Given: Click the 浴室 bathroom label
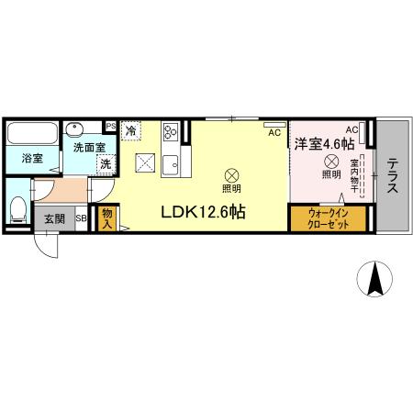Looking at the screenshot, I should tap(32, 159).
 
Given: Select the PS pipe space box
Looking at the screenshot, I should tap(111, 127).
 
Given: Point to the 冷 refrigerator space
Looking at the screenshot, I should tap(131, 130).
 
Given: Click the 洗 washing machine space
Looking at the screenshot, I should tap(106, 163).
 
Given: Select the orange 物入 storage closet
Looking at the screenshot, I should tap(106, 218).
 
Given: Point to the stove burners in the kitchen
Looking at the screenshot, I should tap(171, 138).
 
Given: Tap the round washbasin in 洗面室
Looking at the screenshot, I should tap(76, 129).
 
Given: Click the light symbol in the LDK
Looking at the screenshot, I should tap(232, 173).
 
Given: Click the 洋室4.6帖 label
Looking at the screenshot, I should tap(324, 142).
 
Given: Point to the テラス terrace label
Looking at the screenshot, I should tap(392, 175).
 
